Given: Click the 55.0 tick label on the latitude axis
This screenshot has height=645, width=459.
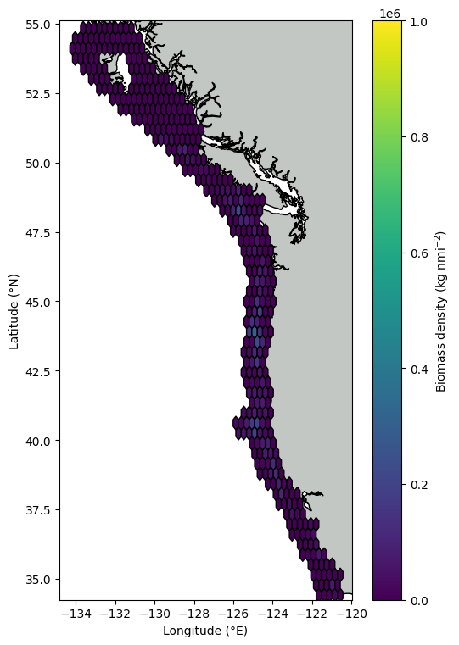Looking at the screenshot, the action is tap(38, 25).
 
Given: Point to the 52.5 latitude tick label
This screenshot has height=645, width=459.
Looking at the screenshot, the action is tap(38, 94).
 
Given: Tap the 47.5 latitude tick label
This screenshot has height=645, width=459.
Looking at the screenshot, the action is tap(38, 233).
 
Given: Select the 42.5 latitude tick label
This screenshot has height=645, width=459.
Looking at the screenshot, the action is tap(38, 371).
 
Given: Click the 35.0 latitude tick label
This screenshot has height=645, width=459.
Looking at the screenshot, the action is tap(38, 580).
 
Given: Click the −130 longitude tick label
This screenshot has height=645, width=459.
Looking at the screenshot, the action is tap(154, 614).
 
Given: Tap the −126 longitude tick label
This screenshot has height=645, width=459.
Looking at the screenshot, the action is tap(233, 614).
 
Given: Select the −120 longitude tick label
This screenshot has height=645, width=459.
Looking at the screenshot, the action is tap(351, 614).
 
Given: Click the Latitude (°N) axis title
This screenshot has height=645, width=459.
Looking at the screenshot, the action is tap(14, 312).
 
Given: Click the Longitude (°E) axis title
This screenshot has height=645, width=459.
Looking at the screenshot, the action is tap(205, 631).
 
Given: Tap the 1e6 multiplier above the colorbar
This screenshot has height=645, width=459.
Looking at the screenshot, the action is tap(389, 14).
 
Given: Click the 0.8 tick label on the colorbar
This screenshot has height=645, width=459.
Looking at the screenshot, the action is tap(419, 137).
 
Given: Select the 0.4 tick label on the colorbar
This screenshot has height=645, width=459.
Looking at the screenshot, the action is tap(419, 369).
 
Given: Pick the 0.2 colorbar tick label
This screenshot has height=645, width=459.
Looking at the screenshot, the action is tap(419, 485).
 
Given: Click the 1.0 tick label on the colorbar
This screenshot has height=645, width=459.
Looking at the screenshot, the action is tap(419, 22).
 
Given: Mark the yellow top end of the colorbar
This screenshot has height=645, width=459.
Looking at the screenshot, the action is tap(388, 24).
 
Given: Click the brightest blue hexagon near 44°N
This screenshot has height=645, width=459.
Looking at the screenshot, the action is tap(254, 331).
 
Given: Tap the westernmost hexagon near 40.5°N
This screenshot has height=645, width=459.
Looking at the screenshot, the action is tap(236, 422).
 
